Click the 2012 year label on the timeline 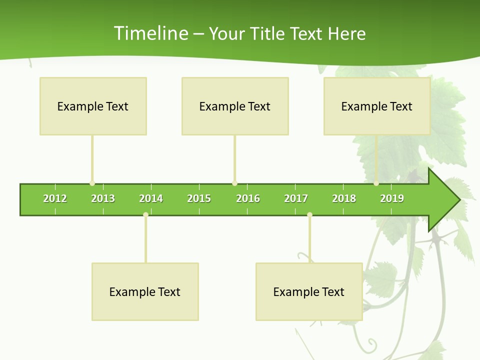[x=55, y=198]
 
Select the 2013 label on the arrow [x=103, y=198]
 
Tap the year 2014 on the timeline [x=151, y=198]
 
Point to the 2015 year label [x=199, y=198]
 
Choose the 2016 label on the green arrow [x=248, y=198]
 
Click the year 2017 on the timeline [x=296, y=198]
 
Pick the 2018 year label [x=344, y=198]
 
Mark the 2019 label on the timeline [x=392, y=198]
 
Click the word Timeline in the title [x=150, y=33]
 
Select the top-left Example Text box [x=93, y=106]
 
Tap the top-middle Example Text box [x=235, y=106]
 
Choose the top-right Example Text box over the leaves [x=377, y=106]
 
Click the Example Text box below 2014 [x=145, y=291]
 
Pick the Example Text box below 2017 [x=309, y=291]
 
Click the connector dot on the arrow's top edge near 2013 [x=92, y=183]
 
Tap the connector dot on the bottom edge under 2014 [x=145, y=215]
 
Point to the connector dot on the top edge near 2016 [x=234, y=183]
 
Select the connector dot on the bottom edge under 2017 [x=309, y=215]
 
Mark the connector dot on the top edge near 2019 [x=376, y=183]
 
